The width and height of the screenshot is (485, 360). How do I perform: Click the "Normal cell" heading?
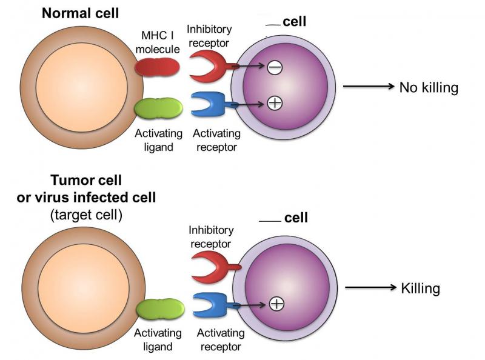[80, 13]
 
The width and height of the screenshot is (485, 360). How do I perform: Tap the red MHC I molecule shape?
[157, 67]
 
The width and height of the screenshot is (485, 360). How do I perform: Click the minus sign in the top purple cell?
[275, 67]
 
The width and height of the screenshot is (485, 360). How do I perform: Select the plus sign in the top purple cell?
[275, 102]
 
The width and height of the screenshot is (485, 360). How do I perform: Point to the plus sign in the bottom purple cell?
[277, 304]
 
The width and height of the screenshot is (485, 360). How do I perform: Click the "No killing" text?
[429, 87]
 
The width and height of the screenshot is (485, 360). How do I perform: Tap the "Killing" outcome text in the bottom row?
[420, 288]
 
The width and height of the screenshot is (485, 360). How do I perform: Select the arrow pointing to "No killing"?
[369, 86]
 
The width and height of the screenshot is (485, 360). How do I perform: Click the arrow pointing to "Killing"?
[370, 287]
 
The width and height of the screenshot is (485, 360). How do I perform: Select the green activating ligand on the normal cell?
[158, 108]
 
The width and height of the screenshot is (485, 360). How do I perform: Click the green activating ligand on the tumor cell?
[160, 309]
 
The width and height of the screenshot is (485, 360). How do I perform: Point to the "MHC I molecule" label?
[158, 42]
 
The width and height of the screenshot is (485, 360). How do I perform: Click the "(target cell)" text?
[86, 215]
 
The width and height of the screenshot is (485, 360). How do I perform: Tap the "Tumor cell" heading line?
[86, 180]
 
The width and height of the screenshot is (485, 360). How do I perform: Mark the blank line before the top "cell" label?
[273, 25]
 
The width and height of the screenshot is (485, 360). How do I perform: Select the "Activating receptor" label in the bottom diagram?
[221, 339]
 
